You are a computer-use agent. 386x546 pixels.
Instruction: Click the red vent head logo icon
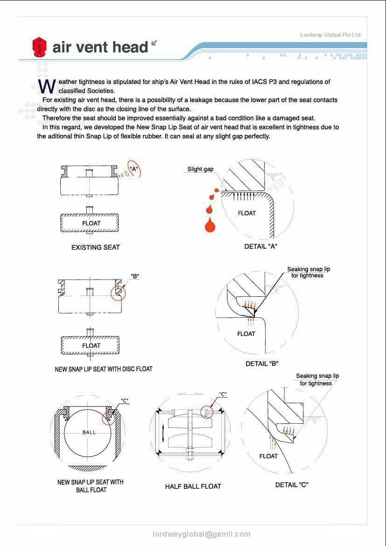pyautogui.click(x=40, y=47)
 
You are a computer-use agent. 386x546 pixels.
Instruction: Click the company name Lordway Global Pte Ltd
pyautogui.click(x=330, y=35)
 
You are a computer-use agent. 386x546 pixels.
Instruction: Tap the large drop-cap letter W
pyautogui.click(x=47, y=86)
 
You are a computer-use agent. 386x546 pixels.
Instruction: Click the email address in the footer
pyautogui.click(x=202, y=534)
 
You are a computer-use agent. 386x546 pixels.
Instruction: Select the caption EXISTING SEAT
pyautogui.click(x=95, y=247)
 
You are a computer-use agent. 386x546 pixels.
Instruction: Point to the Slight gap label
pyautogui.click(x=200, y=169)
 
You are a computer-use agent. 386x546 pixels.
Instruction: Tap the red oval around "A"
pyautogui.click(x=134, y=169)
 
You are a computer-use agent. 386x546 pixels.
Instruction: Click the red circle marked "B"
pyautogui.click(x=118, y=293)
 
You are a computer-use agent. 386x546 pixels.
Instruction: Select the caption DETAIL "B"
pyautogui.click(x=262, y=364)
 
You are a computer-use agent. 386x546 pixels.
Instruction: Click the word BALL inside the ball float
pyautogui.click(x=89, y=432)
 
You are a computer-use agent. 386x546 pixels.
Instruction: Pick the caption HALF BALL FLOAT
pyautogui.click(x=193, y=486)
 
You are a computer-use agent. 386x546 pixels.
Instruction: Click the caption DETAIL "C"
pyautogui.click(x=292, y=485)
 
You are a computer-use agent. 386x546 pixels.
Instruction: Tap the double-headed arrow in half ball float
pyautogui.click(x=162, y=434)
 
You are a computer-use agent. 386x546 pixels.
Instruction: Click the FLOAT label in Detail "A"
pyautogui.click(x=246, y=213)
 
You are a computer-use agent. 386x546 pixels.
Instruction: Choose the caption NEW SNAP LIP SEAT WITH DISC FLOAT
pyautogui.click(x=104, y=369)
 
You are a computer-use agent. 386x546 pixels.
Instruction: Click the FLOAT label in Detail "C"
pyautogui.click(x=268, y=456)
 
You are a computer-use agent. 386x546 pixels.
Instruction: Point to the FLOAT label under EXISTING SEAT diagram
pyautogui.click(x=91, y=223)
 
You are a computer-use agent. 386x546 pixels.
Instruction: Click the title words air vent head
pyautogui.click(x=100, y=47)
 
